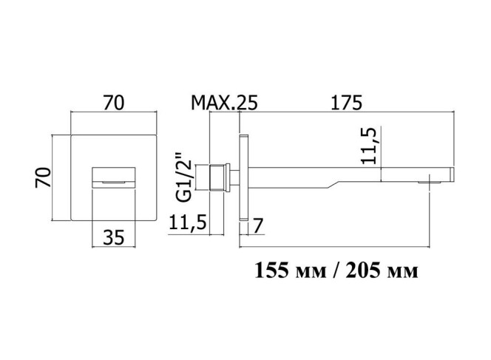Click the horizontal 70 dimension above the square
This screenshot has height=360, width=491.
(114, 103)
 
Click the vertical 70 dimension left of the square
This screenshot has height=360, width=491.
(43, 178)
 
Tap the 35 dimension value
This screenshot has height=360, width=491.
(114, 237)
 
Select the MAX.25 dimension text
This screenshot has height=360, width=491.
(224, 103)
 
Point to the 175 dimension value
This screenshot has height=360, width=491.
(347, 103)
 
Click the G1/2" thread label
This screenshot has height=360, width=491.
(183, 177)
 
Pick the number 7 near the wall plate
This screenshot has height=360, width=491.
(257, 226)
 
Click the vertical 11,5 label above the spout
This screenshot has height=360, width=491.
(368, 146)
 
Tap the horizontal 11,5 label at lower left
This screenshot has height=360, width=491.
(188, 222)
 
